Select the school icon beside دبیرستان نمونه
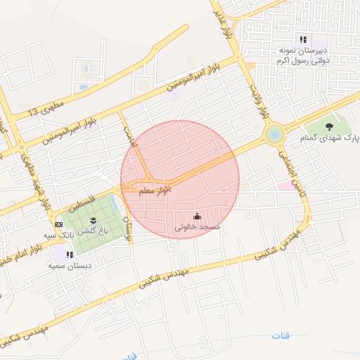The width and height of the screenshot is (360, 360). click(x=303, y=39)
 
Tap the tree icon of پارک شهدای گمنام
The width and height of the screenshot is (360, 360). click(x=329, y=127)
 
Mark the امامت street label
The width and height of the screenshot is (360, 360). click(x=129, y=135)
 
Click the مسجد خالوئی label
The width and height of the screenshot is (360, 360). click(x=198, y=228)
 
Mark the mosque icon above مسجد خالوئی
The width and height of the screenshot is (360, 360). click(x=197, y=216)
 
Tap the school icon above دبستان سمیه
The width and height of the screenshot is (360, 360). click(x=69, y=255)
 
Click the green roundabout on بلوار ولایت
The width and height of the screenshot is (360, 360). click(x=274, y=134)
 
